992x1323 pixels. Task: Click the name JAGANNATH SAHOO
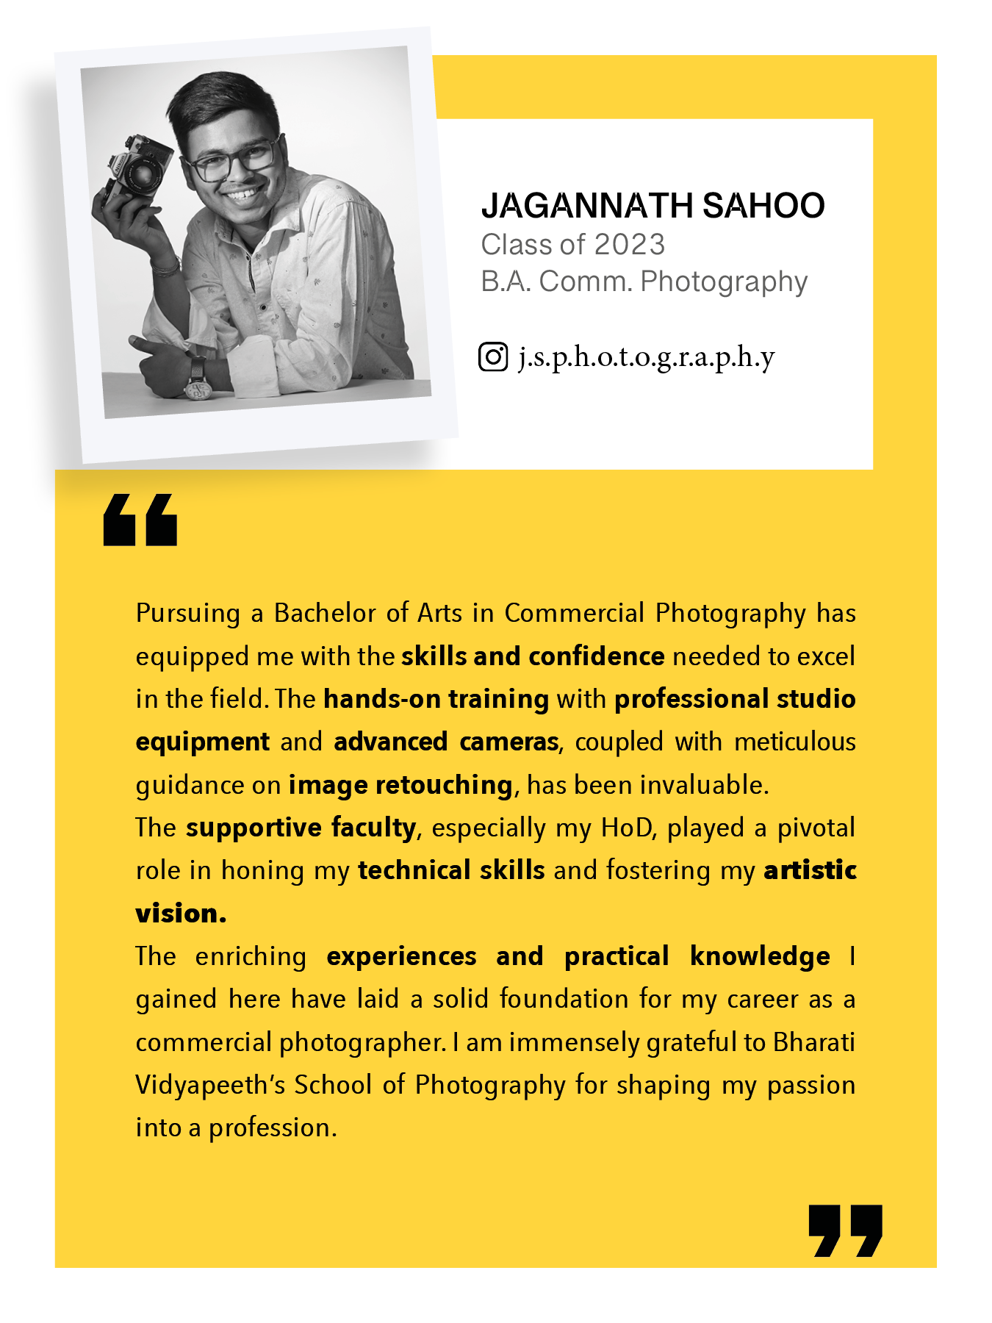(653, 206)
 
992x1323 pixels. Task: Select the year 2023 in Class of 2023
(629, 245)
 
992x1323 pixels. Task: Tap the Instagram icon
(493, 357)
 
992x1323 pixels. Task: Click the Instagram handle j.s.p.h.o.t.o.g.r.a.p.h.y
(647, 358)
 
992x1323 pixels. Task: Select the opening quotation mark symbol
(140, 520)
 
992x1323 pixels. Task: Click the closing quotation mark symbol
(845, 1230)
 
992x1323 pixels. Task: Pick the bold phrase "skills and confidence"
(533, 656)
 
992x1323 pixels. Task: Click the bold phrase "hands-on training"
(436, 699)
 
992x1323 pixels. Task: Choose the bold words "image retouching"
(400, 785)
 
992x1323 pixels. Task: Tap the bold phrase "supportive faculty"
(301, 828)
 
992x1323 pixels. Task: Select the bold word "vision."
(181, 914)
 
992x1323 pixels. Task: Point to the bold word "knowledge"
(760, 956)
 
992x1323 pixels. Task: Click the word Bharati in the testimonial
(814, 1042)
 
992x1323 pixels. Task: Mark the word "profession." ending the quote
(273, 1128)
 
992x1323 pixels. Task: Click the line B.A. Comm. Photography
(644, 282)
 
